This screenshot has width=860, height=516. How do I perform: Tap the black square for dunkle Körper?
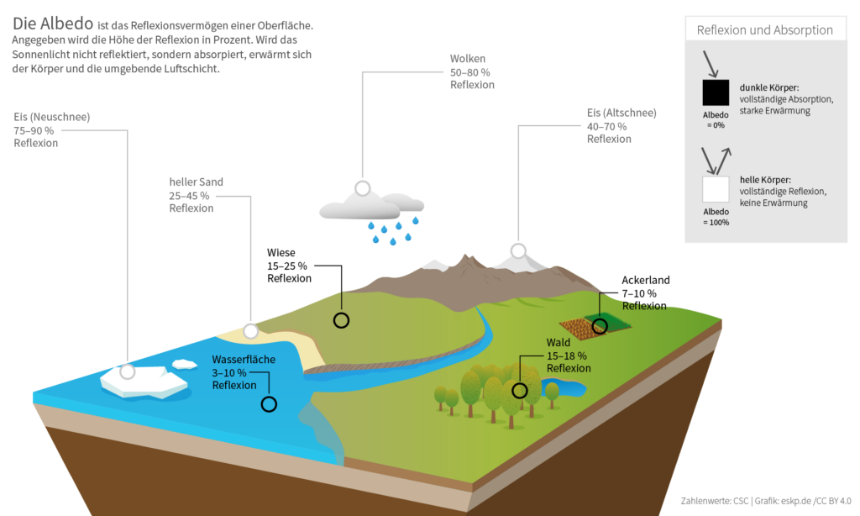click(716, 92)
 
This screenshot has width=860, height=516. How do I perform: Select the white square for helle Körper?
click(716, 189)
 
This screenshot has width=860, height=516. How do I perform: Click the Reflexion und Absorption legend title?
click(764, 30)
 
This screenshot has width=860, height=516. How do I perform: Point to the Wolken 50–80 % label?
click(472, 71)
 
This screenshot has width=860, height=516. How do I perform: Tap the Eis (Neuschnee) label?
click(52, 129)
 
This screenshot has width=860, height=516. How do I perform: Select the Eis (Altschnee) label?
click(621, 125)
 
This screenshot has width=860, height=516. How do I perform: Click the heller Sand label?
click(196, 195)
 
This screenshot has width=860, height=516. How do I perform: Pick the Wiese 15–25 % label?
click(289, 265)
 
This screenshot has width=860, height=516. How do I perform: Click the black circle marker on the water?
click(269, 404)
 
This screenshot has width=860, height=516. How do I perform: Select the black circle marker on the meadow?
click(341, 319)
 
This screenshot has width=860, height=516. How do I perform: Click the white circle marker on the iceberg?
click(128, 371)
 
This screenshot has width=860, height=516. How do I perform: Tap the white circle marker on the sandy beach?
click(250, 331)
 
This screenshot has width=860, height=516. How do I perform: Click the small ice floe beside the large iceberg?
click(184, 364)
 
